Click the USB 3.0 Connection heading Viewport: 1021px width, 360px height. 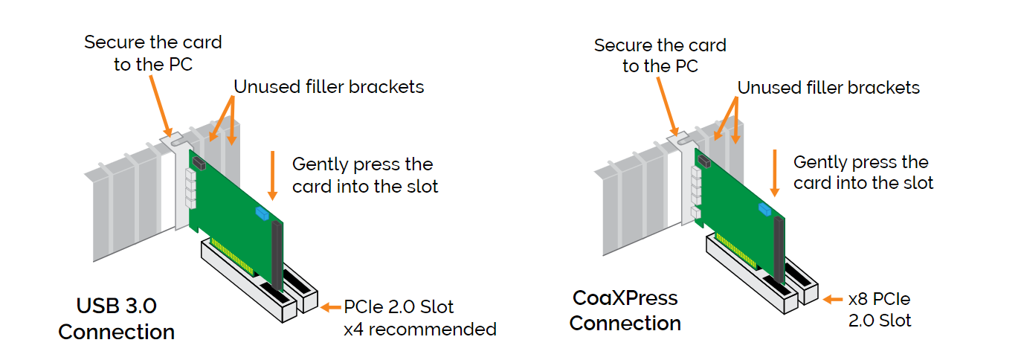point(116,319)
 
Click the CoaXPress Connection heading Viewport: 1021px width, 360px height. point(625,311)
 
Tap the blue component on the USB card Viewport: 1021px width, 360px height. point(261,214)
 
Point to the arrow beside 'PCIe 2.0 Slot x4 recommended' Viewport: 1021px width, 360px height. point(329,306)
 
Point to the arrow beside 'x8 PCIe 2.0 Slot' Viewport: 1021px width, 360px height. point(833,300)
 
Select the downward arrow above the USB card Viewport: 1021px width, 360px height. point(272,176)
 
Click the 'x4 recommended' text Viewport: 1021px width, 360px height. point(419,329)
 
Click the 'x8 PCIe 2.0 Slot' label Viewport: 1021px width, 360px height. point(880,310)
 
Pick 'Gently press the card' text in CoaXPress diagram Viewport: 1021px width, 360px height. point(863,172)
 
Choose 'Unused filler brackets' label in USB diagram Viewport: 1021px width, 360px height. point(329,87)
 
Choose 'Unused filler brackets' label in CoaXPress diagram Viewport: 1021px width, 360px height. point(828,88)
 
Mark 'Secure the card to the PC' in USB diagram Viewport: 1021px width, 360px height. point(152,54)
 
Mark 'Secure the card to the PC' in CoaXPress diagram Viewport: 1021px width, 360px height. point(660,56)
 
